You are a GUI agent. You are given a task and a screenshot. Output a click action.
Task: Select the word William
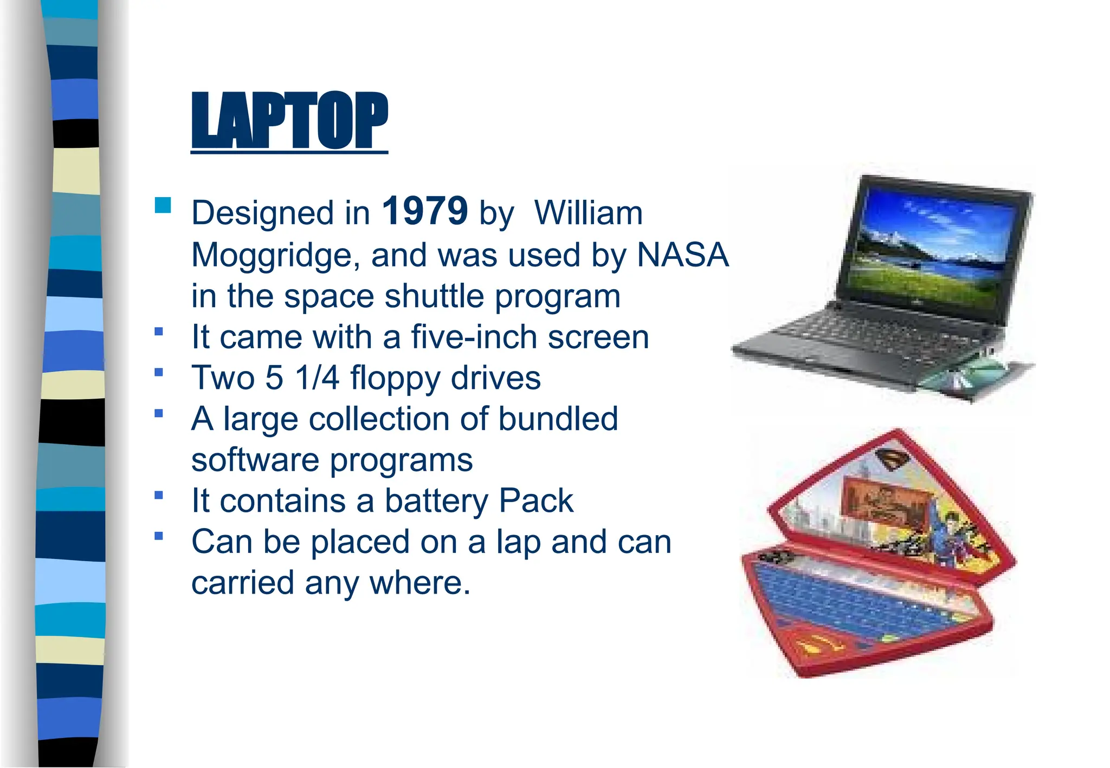589,213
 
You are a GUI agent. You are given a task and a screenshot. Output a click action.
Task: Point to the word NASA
682,255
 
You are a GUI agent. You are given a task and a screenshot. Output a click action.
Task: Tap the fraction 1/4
317,378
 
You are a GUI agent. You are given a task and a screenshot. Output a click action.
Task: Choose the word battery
436,501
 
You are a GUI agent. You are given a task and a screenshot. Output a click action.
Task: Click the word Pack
535,500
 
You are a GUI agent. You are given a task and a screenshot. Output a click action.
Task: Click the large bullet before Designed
163,205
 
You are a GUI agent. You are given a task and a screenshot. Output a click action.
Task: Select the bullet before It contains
159,494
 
